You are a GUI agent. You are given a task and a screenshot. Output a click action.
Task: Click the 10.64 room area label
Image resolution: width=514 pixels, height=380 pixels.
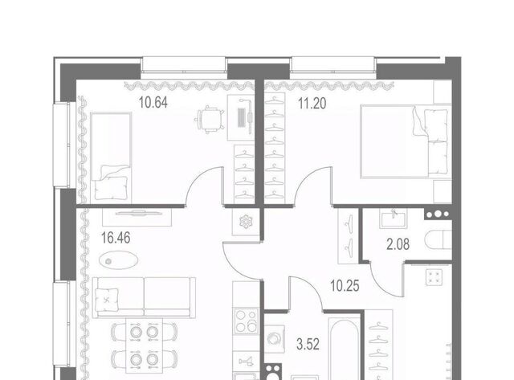[x=153, y=103]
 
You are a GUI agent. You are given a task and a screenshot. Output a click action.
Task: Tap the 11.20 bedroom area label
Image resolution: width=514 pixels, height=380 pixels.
[x=312, y=104]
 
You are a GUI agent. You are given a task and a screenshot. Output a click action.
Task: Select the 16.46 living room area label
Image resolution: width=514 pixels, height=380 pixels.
[x=116, y=238]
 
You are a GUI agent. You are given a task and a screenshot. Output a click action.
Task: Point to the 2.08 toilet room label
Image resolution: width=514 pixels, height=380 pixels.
[x=398, y=244]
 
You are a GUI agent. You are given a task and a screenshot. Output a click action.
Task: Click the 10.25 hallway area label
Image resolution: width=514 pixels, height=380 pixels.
[x=345, y=286]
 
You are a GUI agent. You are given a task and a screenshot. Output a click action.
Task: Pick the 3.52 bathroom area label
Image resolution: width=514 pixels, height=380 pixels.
[x=308, y=345]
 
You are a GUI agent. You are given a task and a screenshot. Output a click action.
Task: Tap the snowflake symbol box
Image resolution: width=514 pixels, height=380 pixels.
[x=246, y=222]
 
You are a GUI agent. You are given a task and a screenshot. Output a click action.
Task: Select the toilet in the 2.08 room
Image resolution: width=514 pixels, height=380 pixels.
[x=439, y=240]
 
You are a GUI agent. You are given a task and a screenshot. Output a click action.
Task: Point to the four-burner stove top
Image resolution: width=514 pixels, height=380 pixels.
[x=246, y=321]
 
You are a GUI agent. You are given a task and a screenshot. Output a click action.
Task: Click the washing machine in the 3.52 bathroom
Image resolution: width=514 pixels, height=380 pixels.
[x=275, y=339]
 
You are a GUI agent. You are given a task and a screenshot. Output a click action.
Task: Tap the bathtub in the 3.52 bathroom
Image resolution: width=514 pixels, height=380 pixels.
[x=345, y=348]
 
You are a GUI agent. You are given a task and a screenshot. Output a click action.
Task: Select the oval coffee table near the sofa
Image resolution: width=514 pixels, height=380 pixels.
[x=118, y=260]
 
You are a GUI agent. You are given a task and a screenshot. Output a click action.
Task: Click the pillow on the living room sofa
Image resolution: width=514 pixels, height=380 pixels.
[x=106, y=300]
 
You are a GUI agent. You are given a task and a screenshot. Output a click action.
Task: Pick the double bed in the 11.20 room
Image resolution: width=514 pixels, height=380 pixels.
[x=406, y=141]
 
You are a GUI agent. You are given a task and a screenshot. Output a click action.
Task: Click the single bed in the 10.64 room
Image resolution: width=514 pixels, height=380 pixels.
[x=111, y=158]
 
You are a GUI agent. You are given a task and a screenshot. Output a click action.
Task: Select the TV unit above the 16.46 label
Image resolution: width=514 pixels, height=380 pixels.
[x=137, y=216]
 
